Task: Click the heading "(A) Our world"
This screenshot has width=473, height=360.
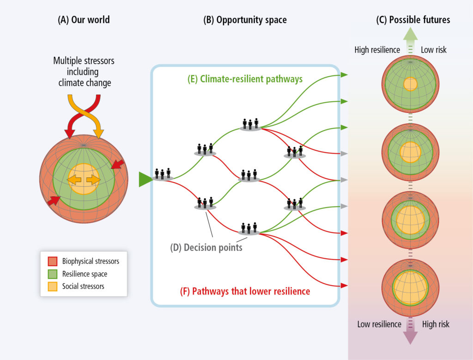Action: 84,20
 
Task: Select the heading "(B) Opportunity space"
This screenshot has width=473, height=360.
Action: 245,20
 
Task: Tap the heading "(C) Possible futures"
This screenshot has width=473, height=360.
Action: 413,20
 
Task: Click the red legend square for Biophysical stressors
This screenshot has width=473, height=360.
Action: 53,261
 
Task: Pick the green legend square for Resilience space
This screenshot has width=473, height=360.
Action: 53,274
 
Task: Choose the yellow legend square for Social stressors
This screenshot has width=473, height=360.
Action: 53,287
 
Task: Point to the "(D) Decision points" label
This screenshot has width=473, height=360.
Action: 206,247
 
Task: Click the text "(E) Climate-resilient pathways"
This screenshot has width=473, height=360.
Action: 245,79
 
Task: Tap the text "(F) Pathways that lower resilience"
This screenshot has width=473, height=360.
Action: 245,291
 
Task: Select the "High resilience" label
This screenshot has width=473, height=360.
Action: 377,50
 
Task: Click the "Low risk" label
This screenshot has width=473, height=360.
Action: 433,50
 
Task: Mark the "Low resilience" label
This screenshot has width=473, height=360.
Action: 379,324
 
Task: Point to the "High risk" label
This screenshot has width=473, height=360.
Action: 436,324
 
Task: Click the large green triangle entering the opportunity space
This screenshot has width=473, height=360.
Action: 145,179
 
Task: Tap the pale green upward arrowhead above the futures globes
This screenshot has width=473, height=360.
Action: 410,34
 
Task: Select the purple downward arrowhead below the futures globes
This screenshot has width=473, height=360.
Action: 410,338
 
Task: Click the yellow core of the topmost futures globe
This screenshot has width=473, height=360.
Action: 410,84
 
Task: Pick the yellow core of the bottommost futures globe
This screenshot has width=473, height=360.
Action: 410,287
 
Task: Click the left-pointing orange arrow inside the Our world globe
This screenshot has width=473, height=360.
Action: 74,180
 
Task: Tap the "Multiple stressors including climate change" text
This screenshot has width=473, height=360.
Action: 84,72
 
